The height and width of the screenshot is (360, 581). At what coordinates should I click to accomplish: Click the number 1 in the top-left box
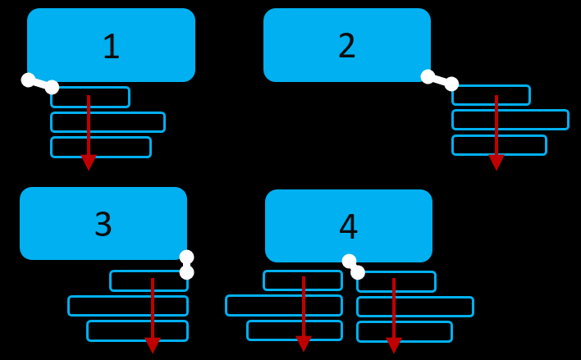[x=111, y=47]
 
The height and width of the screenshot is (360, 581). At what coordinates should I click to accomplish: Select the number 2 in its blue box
[x=347, y=46]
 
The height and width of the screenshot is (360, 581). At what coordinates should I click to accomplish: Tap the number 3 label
[x=103, y=224]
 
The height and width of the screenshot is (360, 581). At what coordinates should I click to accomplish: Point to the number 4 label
[x=349, y=227]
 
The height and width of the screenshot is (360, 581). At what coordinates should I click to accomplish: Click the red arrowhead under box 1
[x=89, y=162]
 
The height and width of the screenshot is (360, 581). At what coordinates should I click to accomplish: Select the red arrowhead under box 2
[x=496, y=162]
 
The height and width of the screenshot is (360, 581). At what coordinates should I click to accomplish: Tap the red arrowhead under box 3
[x=153, y=344]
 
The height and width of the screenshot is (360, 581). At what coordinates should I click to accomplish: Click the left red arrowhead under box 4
[x=304, y=343]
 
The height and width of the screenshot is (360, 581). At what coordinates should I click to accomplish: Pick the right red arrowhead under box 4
[x=394, y=344]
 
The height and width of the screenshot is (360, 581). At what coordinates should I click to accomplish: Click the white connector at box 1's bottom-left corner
[x=40, y=84]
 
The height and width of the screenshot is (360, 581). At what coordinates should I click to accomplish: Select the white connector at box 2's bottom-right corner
[x=440, y=80]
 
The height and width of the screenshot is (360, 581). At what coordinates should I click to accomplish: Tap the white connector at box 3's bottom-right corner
[x=187, y=265]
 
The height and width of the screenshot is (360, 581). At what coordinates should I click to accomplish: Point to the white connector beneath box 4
[x=354, y=267]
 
